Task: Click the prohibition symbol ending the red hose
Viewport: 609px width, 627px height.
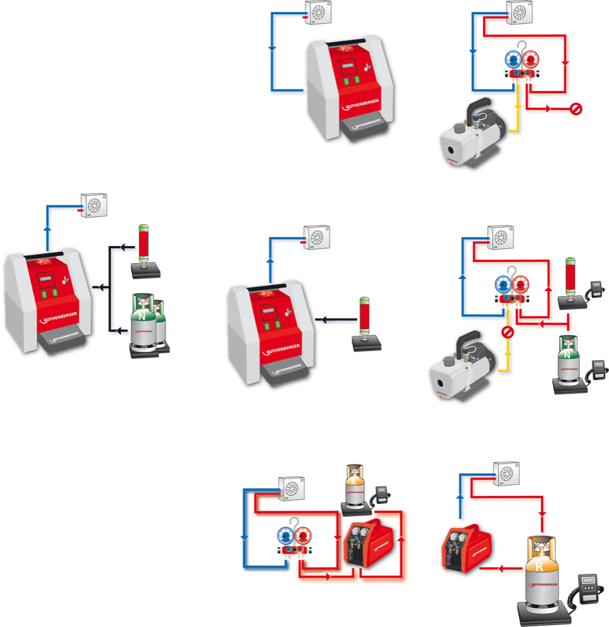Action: pyautogui.click(x=576, y=109)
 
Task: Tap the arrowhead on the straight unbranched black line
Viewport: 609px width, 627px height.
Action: pyautogui.click(x=324, y=319)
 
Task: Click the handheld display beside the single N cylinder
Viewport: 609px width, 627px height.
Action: pyautogui.click(x=600, y=369)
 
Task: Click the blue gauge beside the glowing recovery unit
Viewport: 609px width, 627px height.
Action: pyautogui.click(x=285, y=537)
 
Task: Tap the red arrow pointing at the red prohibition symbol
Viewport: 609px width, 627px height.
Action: pyautogui.click(x=550, y=109)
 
